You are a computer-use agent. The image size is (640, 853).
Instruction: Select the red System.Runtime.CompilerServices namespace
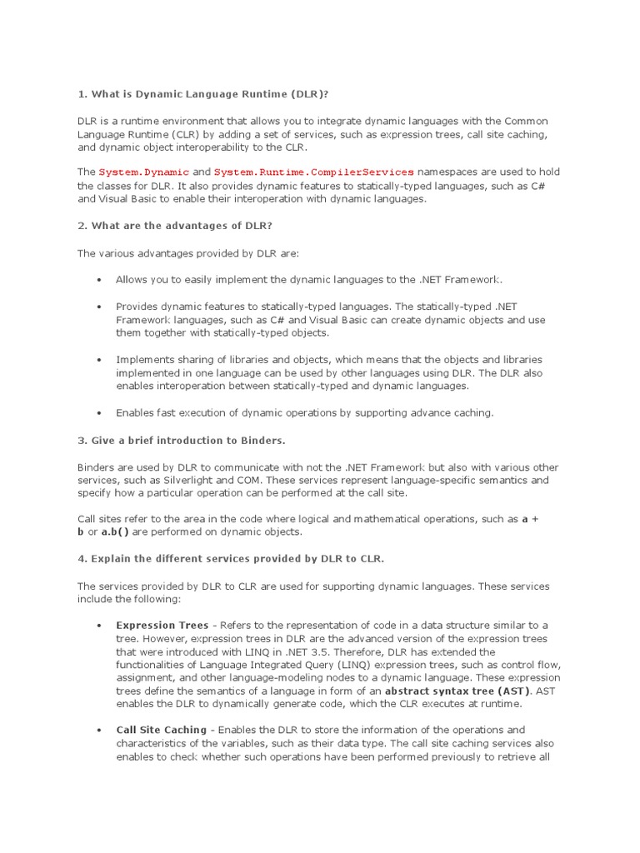point(313,171)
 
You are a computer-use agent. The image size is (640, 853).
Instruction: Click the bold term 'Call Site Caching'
point(161,730)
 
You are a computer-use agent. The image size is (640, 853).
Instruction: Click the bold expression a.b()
point(120,531)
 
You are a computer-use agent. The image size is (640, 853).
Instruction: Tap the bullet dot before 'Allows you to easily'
point(99,281)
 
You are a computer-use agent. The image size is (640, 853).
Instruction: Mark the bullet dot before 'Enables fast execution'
point(99,412)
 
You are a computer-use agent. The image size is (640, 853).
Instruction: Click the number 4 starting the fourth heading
point(81,558)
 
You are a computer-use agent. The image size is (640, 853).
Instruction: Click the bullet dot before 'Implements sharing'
point(99,360)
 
